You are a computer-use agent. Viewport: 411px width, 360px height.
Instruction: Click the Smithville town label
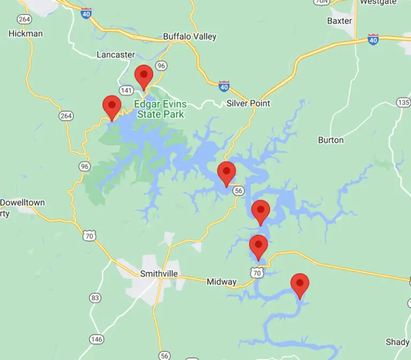pos(158,274)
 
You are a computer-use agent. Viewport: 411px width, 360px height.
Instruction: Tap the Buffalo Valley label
pos(189,37)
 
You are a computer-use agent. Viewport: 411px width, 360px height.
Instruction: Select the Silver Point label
pos(248,103)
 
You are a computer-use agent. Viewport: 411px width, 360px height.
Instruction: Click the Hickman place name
pos(26,33)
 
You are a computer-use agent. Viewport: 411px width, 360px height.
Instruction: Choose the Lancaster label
pos(116,55)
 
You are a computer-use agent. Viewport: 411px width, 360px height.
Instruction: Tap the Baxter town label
pos(339,21)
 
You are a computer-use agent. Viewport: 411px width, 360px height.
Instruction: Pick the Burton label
pos(331,140)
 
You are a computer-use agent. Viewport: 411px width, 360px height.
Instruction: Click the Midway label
pos(222,282)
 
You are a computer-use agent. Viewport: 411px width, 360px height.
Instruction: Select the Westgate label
pos(378,2)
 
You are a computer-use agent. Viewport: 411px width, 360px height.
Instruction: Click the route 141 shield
pos(126,90)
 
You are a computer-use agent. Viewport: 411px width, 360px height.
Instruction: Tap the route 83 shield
pos(96,298)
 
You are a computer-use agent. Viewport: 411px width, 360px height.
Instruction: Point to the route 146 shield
pos(97,339)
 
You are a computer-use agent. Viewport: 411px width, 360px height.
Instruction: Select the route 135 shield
pos(404,102)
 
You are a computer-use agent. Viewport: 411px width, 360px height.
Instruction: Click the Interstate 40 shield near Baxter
pos(374,39)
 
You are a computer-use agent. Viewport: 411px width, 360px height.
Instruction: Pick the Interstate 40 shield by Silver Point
pos(225,86)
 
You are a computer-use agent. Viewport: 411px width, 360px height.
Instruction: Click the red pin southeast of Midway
pos(299,284)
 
